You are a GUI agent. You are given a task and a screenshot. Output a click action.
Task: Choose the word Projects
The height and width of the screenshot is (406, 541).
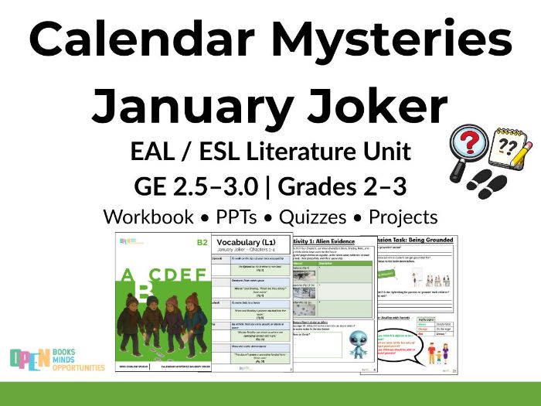403,217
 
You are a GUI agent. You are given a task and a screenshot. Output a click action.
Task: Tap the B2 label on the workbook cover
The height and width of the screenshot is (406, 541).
202,242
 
